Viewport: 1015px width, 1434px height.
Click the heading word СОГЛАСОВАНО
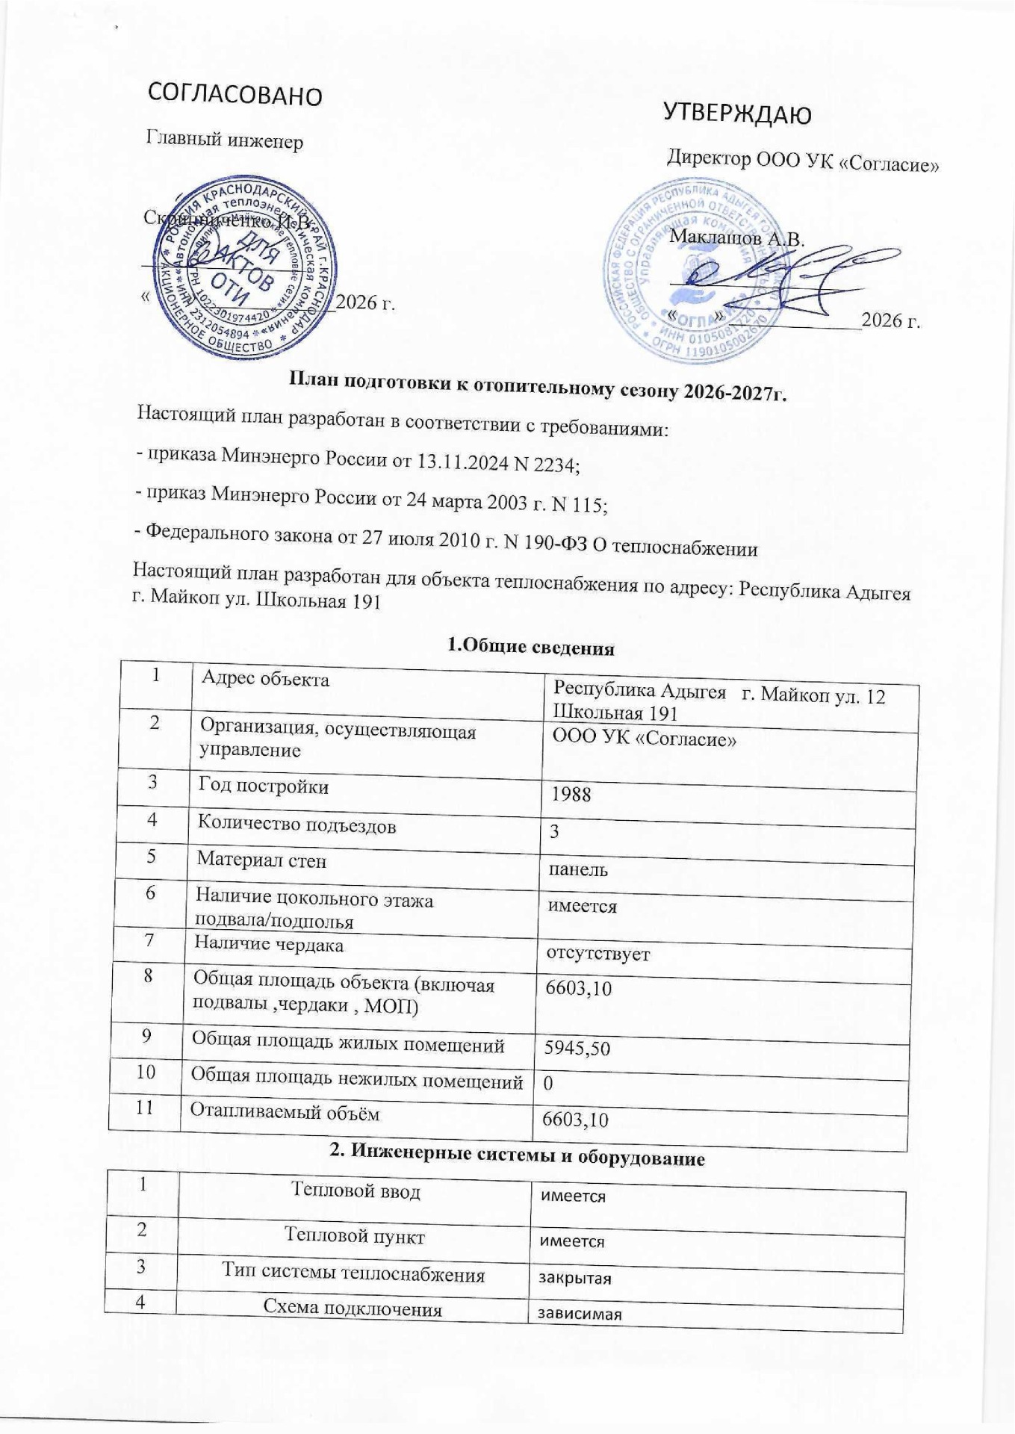pyautogui.click(x=235, y=95)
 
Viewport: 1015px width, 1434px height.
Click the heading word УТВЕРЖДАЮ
pyautogui.click(x=737, y=115)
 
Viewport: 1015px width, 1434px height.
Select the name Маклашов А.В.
pyautogui.click(x=737, y=240)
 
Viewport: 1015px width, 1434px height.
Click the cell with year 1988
pyautogui.click(x=571, y=794)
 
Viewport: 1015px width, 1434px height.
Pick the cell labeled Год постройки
pyautogui.click(x=263, y=786)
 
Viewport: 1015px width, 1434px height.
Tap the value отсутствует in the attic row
pyautogui.click(x=597, y=954)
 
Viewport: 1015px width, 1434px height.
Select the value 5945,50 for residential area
pyautogui.click(x=577, y=1049)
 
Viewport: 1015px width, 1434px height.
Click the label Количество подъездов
pyautogui.click(x=297, y=825)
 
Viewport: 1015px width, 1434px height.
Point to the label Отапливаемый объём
pyautogui.click(x=285, y=1113)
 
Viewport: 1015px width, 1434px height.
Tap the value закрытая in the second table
pyautogui.click(x=575, y=1277)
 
